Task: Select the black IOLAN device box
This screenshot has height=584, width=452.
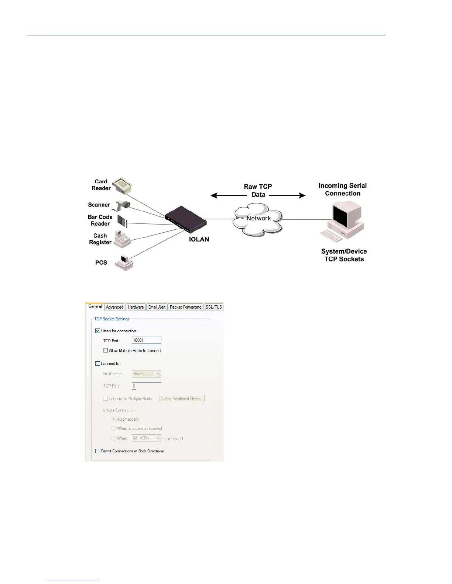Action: tap(185, 219)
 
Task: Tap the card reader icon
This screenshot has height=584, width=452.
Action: tap(122, 185)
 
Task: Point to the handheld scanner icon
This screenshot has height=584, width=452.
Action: tap(123, 205)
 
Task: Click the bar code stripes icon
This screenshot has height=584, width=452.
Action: tap(122, 221)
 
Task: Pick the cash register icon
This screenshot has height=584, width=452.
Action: tap(122, 239)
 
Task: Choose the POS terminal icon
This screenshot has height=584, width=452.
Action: tap(124, 263)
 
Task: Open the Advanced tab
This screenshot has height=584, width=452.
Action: tap(114, 307)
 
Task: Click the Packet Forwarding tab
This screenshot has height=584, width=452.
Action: tap(185, 307)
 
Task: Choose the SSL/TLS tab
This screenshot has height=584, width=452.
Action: tap(213, 307)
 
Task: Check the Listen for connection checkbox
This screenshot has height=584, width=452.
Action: tap(98, 331)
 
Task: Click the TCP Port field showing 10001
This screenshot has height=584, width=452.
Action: tap(146, 340)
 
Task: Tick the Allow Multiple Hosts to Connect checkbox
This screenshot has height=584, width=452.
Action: tap(106, 350)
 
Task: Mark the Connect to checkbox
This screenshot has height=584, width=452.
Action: tap(98, 364)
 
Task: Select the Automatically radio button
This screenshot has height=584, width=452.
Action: tap(114, 419)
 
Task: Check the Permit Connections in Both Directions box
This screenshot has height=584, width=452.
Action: tap(98, 451)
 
